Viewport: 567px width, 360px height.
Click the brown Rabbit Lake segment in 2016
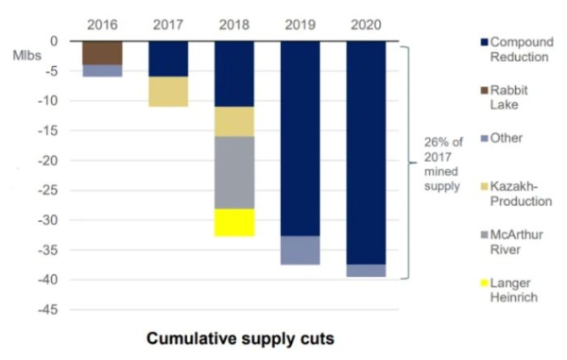(x=102, y=53)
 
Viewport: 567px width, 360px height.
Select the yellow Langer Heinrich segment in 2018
(x=234, y=222)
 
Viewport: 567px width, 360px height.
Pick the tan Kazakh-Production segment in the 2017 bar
(x=168, y=92)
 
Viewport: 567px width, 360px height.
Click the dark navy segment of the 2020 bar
(x=366, y=151)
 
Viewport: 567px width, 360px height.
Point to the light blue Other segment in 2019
(x=301, y=250)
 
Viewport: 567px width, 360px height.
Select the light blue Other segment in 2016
(x=102, y=71)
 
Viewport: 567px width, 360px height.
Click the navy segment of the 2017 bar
(x=168, y=59)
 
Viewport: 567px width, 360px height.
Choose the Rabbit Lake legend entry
(x=507, y=97)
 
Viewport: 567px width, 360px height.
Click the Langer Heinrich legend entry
(x=507, y=290)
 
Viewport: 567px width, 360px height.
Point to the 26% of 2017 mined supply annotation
(x=444, y=164)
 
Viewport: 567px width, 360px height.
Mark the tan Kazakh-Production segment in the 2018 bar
(x=234, y=121)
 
